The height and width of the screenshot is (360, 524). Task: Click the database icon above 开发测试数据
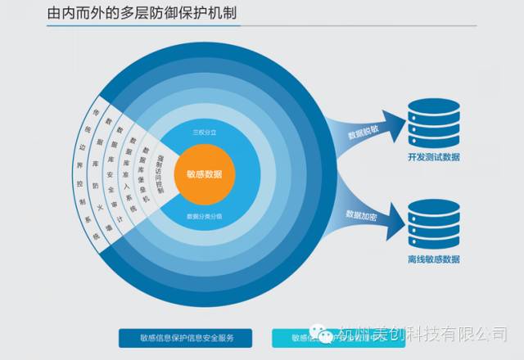(x=433, y=123)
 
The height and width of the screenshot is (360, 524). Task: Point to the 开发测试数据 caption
(x=433, y=157)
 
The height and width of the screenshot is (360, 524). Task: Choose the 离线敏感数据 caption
(x=433, y=260)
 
